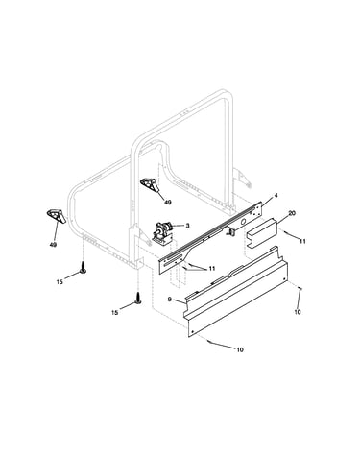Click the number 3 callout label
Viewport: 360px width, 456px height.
click(x=187, y=226)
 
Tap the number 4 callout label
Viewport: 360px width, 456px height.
click(x=276, y=196)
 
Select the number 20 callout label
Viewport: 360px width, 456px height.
click(x=291, y=213)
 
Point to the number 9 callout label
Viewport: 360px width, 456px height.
click(x=170, y=300)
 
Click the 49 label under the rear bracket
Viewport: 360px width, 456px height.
click(x=168, y=203)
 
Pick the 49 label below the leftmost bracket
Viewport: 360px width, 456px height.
click(x=53, y=245)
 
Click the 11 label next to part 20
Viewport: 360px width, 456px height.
click(x=302, y=241)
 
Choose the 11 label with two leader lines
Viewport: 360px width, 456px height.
click(x=212, y=269)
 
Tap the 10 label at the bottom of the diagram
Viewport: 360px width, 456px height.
click(x=240, y=349)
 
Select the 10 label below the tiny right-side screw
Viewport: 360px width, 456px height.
click(x=298, y=312)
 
